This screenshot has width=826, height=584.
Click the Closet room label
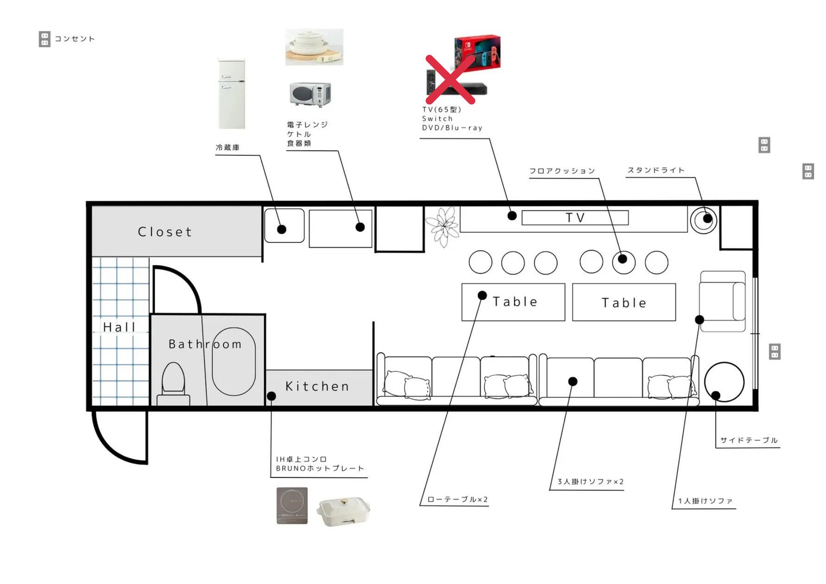click(164, 232)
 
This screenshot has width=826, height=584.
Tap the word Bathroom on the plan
click(205, 344)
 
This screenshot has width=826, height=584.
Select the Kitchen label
click(317, 386)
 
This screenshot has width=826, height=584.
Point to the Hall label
click(119, 327)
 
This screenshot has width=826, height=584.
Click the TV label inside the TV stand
click(575, 217)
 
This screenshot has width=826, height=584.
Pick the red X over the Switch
click(450, 80)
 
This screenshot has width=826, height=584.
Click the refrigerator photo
click(231, 94)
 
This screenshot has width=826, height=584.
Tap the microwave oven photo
click(310, 94)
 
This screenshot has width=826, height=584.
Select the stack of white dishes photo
click(314, 47)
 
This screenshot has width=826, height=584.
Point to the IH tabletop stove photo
click(292, 506)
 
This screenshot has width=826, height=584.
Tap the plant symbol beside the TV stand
click(442, 226)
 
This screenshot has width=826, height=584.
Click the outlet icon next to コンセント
click(44, 39)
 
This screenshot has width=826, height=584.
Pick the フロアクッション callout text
click(562, 171)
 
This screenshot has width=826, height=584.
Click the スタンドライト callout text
click(656, 170)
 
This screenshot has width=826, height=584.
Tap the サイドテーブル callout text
click(749, 440)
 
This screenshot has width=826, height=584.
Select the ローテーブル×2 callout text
click(457, 499)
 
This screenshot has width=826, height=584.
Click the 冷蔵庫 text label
click(227, 147)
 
